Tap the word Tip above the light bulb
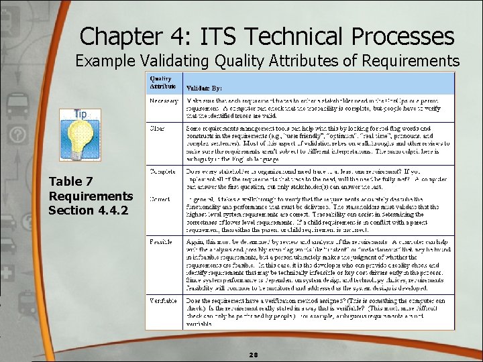[x=80, y=113]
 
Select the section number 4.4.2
[x=113, y=210]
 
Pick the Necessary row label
[x=164, y=101]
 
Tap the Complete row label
[x=163, y=171]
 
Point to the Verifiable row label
[x=164, y=301]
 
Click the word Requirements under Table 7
[x=91, y=196]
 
